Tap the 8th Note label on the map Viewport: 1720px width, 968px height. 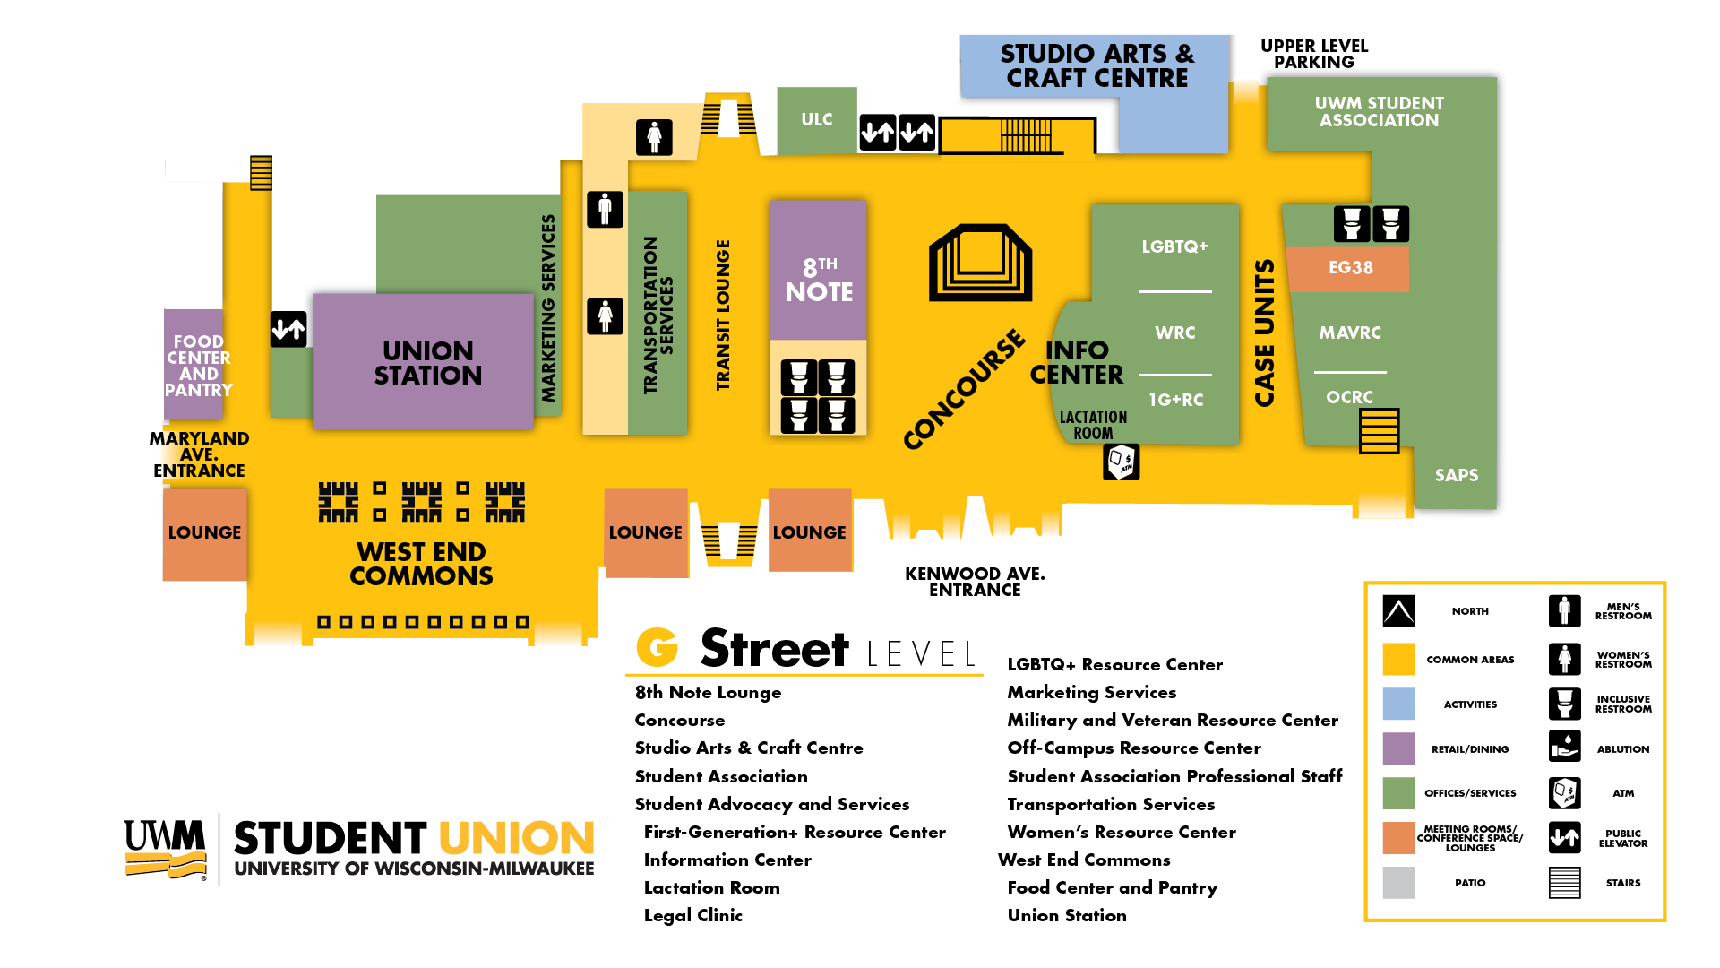pyautogui.click(x=819, y=280)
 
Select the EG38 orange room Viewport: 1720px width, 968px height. pyautogui.click(x=1350, y=268)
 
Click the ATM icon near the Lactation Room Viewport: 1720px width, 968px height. pyautogui.click(x=1121, y=462)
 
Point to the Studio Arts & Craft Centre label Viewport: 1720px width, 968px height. pyautogui.click(x=1096, y=66)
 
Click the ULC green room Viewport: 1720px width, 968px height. pyautogui.click(x=816, y=120)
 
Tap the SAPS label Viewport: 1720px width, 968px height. pyautogui.click(x=1456, y=476)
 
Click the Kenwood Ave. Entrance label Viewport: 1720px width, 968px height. pyautogui.click(x=975, y=582)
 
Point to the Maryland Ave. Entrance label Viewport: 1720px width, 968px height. pyautogui.click(x=199, y=454)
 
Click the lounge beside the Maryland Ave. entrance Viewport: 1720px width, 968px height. pyautogui.click(x=204, y=533)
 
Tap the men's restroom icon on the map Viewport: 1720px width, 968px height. pyautogui.click(x=605, y=210)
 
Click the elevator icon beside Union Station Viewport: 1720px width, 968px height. pyautogui.click(x=288, y=330)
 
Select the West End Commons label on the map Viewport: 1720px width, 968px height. pyautogui.click(x=421, y=564)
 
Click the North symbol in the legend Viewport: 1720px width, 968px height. pyautogui.click(x=1398, y=611)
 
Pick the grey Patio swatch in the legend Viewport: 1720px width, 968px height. pyautogui.click(x=1398, y=883)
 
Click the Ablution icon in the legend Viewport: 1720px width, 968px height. pyautogui.click(x=1564, y=747)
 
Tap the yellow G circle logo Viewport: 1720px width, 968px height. pyautogui.click(x=658, y=647)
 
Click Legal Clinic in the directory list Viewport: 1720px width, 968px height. pyautogui.click(x=692, y=915)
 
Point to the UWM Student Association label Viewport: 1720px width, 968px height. pyautogui.click(x=1379, y=112)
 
